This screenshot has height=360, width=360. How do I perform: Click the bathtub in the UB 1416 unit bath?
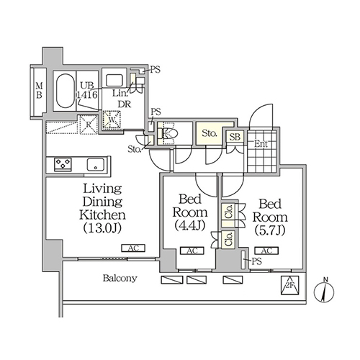(66, 91)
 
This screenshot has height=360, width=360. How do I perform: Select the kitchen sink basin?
(96, 165)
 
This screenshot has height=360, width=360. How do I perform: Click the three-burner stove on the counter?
(63, 164)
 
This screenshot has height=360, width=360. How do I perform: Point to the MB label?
(39, 90)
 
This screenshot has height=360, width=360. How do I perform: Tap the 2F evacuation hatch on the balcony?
(290, 285)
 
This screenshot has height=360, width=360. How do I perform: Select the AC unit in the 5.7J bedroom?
(266, 251)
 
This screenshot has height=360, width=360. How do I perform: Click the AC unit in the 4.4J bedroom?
(192, 251)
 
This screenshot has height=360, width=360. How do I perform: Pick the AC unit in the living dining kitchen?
(133, 248)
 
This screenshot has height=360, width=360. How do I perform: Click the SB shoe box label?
(235, 137)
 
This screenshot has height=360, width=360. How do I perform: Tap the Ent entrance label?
(261, 144)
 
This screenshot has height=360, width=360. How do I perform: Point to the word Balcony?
(120, 278)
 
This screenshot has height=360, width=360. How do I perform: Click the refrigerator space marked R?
(88, 125)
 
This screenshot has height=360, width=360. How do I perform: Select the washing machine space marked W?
(112, 120)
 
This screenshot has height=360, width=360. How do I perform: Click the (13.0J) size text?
(102, 228)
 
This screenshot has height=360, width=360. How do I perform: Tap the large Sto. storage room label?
(210, 133)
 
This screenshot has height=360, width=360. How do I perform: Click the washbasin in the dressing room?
(114, 80)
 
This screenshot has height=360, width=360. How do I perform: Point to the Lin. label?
(120, 93)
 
